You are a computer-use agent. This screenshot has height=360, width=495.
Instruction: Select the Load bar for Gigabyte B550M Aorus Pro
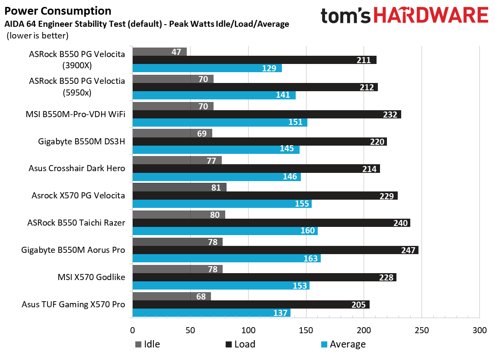[x=275, y=250]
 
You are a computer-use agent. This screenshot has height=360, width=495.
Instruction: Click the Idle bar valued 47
[x=159, y=52]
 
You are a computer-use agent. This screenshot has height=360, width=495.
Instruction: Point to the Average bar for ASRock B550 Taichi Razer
[x=225, y=231]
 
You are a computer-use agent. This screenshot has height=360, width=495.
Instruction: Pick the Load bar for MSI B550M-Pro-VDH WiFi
[x=266, y=115]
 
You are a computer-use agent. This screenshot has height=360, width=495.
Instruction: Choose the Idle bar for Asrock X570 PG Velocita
[x=179, y=187]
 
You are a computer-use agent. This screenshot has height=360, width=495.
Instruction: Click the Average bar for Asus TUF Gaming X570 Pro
[x=211, y=313]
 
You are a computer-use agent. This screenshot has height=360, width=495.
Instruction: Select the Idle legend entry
[x=147, y=344]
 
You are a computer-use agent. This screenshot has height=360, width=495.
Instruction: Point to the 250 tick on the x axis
[x=422, y=331]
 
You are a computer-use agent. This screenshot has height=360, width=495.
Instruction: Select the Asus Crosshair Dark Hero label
[x=77, y=168]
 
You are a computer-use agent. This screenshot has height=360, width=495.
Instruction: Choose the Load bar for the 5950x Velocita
[x=255, y=87]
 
